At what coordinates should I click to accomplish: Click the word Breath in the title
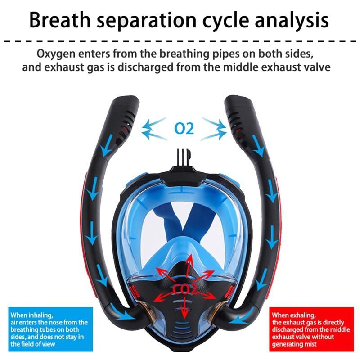pos(60,20)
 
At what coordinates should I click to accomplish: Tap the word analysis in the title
pos(292,21)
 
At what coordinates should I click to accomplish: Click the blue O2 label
pos(184,128)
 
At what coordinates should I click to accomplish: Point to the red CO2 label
pos(184,290)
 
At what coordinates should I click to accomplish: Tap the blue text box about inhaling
pos(50,329)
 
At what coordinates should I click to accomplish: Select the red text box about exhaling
pos(311,329)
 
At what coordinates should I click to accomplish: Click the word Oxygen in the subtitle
pos(56,54)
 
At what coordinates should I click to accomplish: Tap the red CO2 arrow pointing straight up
pos(189,268)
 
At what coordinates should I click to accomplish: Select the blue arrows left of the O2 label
pos(154,129)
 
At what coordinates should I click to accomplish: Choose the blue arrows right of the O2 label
pos(214,129)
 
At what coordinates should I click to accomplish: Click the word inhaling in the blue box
pos(40,315)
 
